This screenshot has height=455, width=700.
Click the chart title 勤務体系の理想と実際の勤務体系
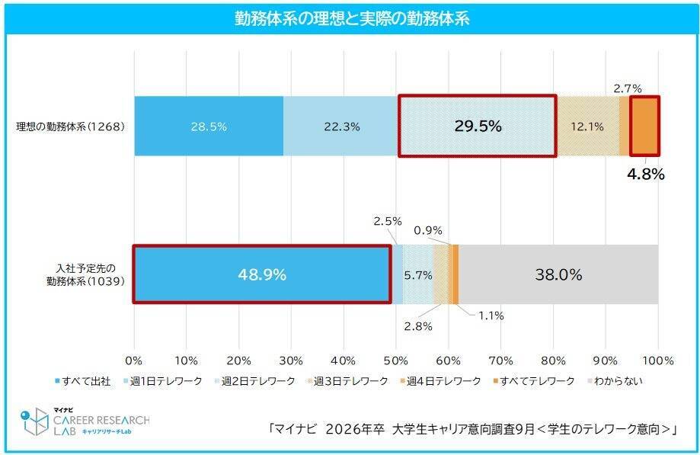(351, 19)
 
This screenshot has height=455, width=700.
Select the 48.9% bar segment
(263, 274)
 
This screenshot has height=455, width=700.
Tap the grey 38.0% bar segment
(558, 274)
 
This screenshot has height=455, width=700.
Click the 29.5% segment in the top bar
(478, 127)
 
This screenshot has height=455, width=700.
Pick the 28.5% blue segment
(209, 127)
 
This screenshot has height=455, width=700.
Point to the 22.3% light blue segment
(341, 127)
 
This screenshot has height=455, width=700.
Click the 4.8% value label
(645, 174)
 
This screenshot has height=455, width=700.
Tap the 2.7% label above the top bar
(628, 88)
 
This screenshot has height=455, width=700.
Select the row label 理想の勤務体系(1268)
(70, 127)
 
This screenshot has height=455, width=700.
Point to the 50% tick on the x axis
(396, 360)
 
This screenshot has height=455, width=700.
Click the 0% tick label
(134, 360)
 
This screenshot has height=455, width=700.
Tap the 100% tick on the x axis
(658, 360)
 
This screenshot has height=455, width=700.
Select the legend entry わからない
(615, 380)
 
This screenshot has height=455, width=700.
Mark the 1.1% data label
(491, 314)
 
